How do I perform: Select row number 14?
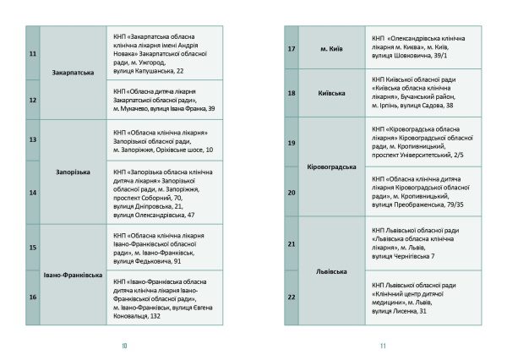click(33, 192)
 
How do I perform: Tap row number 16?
click(33, 297)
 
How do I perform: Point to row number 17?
click(292, 50)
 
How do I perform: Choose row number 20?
click(292, 193)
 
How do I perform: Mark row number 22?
click(292, 297)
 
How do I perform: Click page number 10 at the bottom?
click(123, 345)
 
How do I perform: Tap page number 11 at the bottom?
click(383, 345)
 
